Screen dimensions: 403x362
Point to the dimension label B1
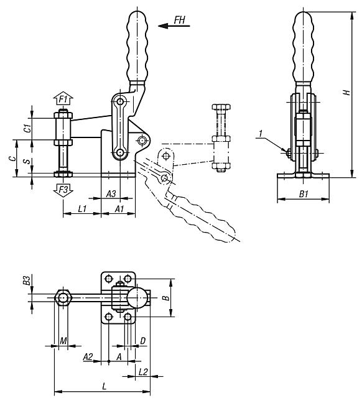point(303,194)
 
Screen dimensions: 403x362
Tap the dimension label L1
point(81,210)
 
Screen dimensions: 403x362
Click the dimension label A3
point(111,194)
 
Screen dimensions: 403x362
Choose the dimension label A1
point(119,210)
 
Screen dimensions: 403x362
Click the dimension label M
point(64,341)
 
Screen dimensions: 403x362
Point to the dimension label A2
point(88,356)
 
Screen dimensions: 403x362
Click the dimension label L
point(103,386)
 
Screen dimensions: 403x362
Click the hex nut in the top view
point(63,298)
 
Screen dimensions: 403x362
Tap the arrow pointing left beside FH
point(168,25)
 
